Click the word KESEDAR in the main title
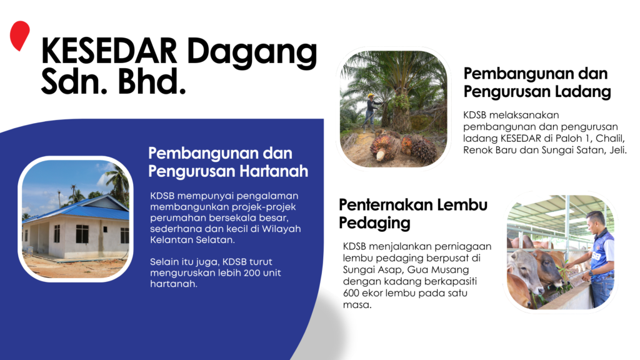[x=110, y=53]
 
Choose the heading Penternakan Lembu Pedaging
[x=413, y=213]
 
